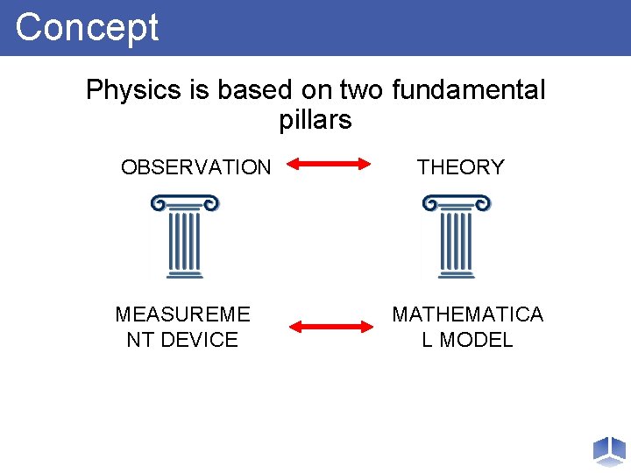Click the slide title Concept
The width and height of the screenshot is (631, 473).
click(87, 27)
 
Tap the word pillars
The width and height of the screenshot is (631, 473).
click(315, 120)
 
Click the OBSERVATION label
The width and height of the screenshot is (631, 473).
click(195, 167)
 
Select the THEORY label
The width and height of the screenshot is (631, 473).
click(461, 167)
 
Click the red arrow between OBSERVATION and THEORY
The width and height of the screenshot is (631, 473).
click(330, 163)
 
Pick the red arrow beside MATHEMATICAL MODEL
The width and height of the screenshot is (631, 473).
click(331, 327)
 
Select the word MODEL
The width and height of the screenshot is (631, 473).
click(477, 340)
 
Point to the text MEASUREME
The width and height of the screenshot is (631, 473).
click(182, 314)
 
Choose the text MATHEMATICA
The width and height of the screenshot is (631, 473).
click(467, 314)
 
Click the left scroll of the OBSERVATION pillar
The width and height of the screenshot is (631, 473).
click(158, 204)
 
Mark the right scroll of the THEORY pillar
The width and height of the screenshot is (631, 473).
click(482, 204)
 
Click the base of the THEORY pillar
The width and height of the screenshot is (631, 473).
click(456, 275)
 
